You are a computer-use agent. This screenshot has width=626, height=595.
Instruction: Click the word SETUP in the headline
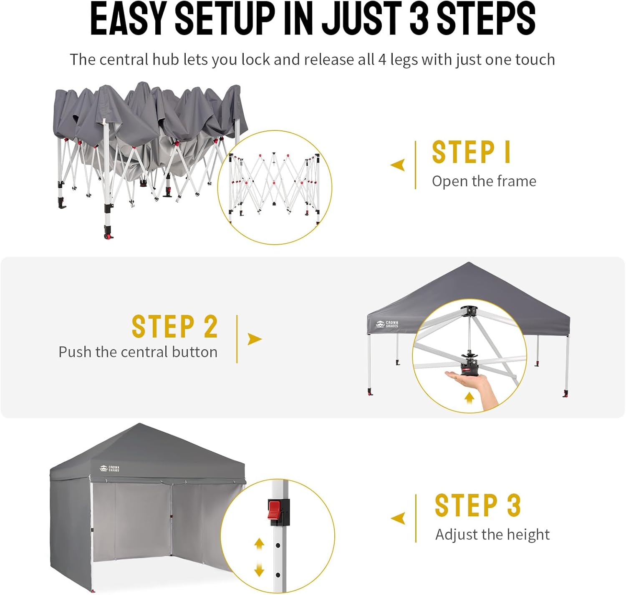click(225, 19)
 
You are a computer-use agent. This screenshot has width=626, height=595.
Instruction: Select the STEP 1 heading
click(472, 152)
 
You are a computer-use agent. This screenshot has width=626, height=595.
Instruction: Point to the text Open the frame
click(484, 182)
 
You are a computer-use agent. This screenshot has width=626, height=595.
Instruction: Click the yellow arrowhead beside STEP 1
click(398, 165)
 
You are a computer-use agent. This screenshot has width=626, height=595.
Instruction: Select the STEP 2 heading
click(175, 327)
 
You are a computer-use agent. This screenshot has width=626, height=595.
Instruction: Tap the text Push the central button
click(138, 352)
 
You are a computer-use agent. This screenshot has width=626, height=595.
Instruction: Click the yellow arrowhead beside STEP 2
click(255, 339)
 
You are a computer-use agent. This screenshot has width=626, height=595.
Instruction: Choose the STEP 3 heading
click(477, 505)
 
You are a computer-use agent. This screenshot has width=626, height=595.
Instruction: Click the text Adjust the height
click(492, 535)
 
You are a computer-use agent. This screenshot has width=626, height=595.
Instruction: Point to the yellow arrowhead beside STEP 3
click(398, 518)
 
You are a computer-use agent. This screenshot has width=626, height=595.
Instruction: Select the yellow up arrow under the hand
click(469, 397)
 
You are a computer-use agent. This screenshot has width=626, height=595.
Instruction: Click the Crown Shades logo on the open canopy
click(387, 324)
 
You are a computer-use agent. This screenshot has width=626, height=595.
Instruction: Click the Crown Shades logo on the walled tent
click(109, 469)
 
